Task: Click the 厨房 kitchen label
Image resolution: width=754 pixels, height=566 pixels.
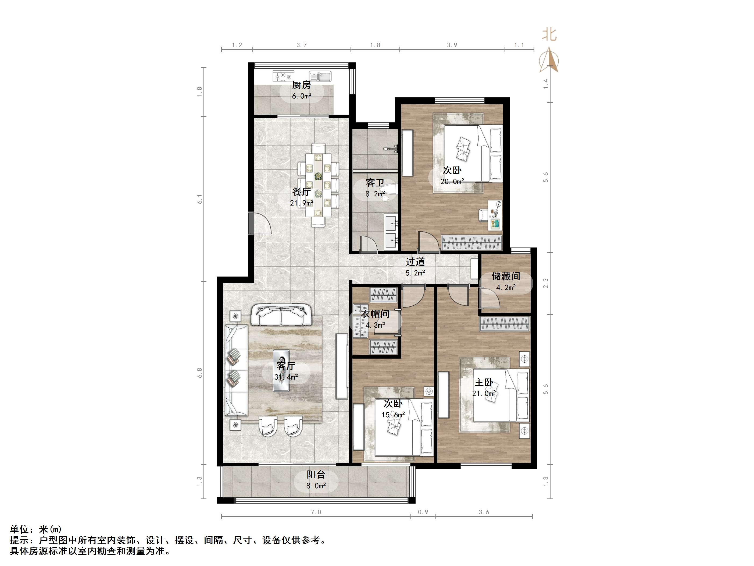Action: [302, 85]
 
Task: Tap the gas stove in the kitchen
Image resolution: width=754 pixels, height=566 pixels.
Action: [283, 76]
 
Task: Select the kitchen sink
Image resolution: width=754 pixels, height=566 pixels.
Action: [320, 76]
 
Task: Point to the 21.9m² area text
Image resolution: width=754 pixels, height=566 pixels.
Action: [302, 203]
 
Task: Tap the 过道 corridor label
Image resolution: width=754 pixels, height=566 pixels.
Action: [415, 262]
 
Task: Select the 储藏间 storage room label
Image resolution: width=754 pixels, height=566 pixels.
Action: [506, 276]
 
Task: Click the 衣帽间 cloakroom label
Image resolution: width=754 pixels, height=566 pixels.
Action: [375, 314]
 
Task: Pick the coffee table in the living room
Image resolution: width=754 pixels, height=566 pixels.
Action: [281, 370]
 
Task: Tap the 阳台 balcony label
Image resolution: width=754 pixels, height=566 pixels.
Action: [316, 474]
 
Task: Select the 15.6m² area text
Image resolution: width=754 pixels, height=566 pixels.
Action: [393, 415]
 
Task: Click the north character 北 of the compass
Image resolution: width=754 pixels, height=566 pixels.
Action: [549, 34]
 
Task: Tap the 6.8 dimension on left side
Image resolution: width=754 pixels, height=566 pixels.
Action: [200, 373]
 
